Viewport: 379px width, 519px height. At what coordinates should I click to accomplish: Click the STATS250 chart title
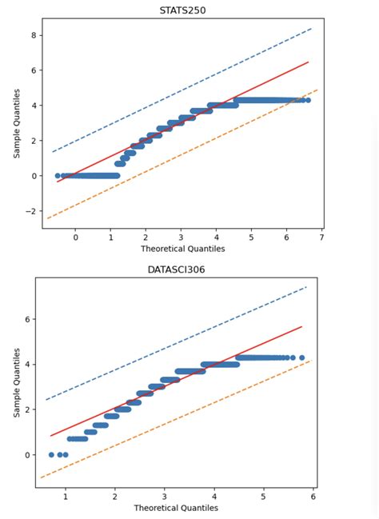pyautogui.click(x=183, y=10)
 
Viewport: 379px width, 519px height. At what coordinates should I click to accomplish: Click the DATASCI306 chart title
pyautogui.click(x=176, y=269)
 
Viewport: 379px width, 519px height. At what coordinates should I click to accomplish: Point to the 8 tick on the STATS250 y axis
pyautogui.click(x=34, y=35)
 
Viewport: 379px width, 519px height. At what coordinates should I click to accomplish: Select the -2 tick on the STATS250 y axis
pyautogui.click(x=32, y=211)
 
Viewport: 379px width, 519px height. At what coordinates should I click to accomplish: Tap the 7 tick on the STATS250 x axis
pyautogui.click(x=321, y=238)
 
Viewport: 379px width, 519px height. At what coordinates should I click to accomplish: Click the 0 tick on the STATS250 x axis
pyautogui.click(x=75, y=238)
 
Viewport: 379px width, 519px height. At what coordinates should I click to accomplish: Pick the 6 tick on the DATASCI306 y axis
pyautogui.click(x=27, y=319)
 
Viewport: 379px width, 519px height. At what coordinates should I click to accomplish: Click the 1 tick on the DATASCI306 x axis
pyautogui.click(x=66, y=497)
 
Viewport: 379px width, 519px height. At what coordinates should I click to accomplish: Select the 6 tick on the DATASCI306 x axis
pyautogui.click(x=313, y=497)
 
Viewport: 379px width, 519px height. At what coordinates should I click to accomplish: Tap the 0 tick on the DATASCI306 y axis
pyautogui.click(x=27, y=455)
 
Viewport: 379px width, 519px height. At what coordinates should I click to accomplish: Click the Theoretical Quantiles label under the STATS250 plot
pyautogui.click(x=183, y=249)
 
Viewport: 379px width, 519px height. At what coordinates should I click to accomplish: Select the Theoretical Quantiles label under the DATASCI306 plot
pyautogui.click(x=176, y=508)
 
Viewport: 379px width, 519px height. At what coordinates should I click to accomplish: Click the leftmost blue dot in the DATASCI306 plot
pyautogui.click(x=52, y=454)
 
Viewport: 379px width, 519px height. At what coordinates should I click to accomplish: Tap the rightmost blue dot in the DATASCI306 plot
pyautogui.click(x=301, y=357)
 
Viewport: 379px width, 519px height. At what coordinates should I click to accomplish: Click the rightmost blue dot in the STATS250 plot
pyautogui.click(x=308, y=100)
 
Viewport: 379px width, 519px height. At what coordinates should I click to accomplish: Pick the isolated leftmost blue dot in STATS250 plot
pyautogui.click(x=58, y=175)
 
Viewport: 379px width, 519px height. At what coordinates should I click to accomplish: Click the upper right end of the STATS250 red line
pyautogui.click(x=308, y=62)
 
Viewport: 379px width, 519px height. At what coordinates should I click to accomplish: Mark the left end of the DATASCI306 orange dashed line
pyautogui.click(x=40, y=477)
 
